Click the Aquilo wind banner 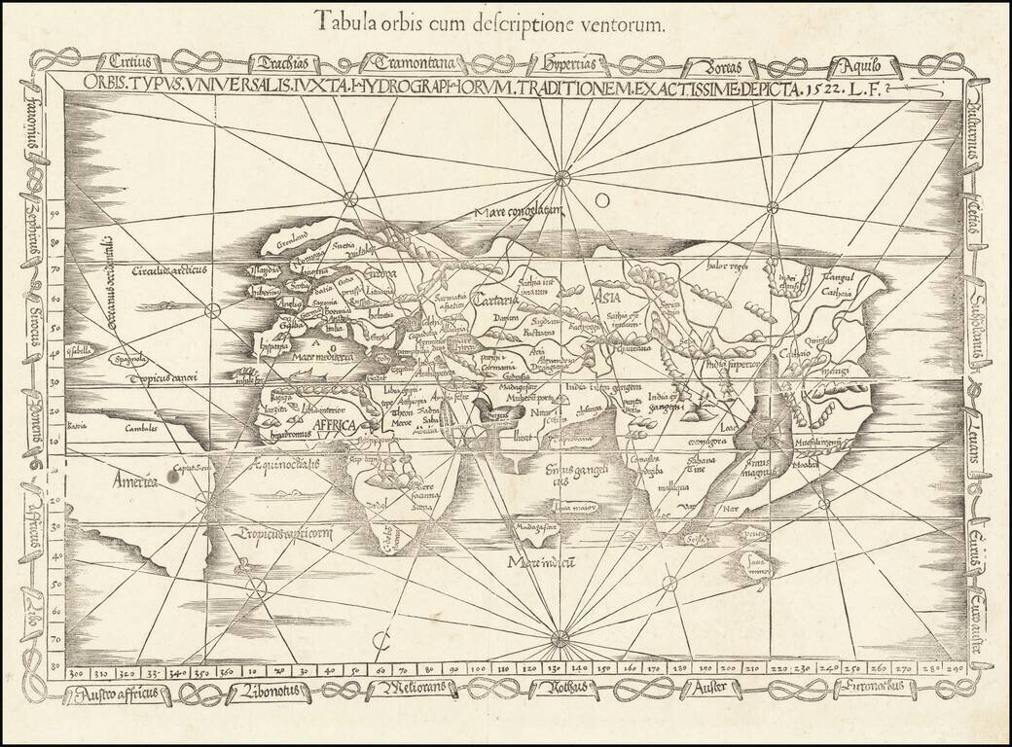click(855, 67)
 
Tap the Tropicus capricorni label click(283, 532)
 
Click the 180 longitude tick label click(677, 670)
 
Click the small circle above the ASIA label click(602, 198)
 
